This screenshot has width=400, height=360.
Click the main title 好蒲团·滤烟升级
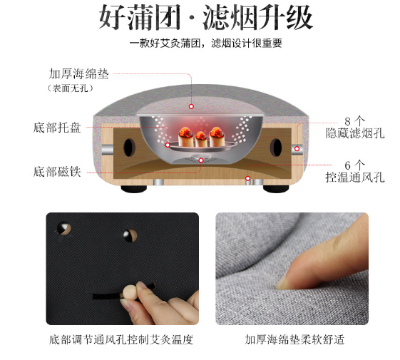[x=205, y=18]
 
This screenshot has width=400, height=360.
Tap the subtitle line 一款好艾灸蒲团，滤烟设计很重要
[x=205, y=43]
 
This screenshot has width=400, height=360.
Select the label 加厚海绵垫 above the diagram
[x=79, y=73]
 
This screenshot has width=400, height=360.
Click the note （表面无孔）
[x=70, y=88]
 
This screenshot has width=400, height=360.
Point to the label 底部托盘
[x=57, y=128]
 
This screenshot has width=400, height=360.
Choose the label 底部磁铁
[x=57, y=172]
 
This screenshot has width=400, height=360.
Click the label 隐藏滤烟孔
[x=355, y=133]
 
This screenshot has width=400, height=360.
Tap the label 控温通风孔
[x=355, y=177]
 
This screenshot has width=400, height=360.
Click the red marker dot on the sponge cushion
[x=191, y=106]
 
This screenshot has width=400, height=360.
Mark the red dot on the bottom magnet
[x=201, y=160]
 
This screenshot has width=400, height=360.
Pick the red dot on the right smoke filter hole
[x=297, y=148]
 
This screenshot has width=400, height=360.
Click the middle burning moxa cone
[x=201, y=139]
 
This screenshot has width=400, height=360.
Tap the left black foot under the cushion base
[x=133, y=189]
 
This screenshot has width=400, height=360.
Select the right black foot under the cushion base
[x=276, y=189]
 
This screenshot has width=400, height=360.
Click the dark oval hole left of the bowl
[x=130, y=148]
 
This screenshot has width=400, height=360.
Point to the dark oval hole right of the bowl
[x=276, y=148]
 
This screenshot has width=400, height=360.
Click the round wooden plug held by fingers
[x=129, y=292]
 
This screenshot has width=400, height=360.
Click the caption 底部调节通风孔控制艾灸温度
[x=121, y=340]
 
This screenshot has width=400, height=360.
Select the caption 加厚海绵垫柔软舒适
[x=294, y=340]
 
